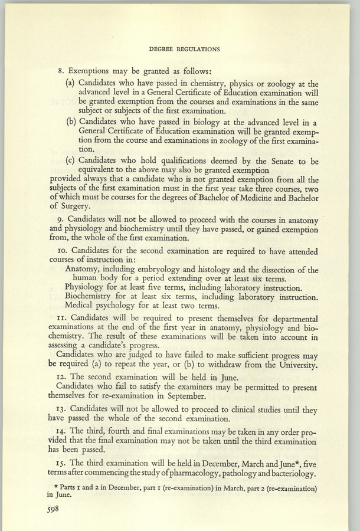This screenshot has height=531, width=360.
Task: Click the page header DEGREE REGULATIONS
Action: tap(180, 49)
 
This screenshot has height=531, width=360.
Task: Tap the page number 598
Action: tap(48, 512)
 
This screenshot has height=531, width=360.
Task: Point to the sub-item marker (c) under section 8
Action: tap(70, 160)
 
